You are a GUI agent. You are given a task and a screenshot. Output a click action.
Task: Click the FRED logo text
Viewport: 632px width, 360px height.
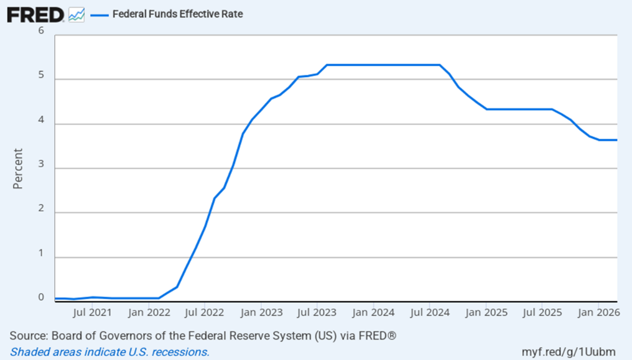(35, 14)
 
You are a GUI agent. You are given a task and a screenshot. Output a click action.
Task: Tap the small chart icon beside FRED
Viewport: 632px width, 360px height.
(77, 14)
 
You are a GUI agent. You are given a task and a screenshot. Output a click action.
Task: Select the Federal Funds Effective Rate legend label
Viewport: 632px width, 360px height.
(177, 14)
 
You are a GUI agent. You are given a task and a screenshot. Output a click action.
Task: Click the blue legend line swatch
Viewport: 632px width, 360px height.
(99, 14)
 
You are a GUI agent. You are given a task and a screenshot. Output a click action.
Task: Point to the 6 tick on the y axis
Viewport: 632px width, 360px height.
(41, 31)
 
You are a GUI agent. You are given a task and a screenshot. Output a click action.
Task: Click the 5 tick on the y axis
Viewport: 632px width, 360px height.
(41, 76)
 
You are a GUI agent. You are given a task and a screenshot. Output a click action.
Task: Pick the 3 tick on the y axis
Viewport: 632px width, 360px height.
(41, 165)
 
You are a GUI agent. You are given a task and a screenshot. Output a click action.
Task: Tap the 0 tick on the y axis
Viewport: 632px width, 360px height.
(41, 297)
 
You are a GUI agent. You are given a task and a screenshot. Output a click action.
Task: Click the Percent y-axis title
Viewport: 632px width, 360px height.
(18, 168)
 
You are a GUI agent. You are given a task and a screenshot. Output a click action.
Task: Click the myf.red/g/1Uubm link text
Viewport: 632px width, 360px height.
(571, 351)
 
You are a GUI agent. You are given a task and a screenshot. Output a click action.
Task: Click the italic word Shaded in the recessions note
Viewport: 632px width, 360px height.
(27, 351)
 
